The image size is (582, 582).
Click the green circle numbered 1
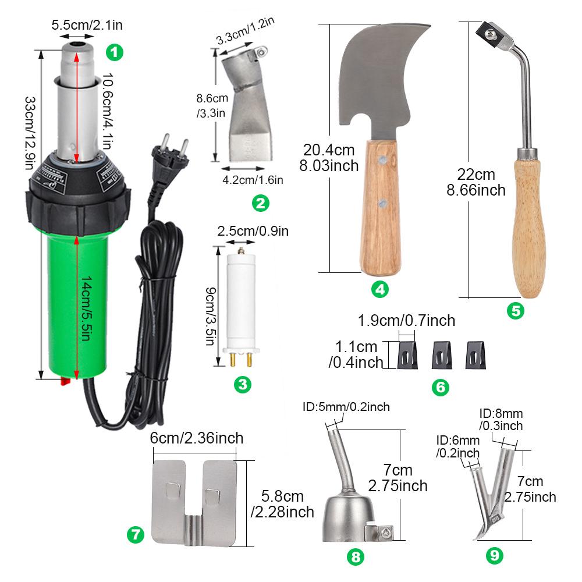115,52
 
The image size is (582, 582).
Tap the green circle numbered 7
135,534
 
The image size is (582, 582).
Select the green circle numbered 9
494,555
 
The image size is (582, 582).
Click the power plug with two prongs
171,153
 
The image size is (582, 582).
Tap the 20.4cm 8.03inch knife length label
329,157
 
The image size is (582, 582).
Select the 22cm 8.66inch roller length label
476,182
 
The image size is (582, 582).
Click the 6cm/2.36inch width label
196,438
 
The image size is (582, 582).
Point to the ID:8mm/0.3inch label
501,420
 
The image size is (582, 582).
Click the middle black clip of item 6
441,354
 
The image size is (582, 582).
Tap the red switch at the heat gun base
65,382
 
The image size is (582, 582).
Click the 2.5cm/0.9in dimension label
253,230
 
